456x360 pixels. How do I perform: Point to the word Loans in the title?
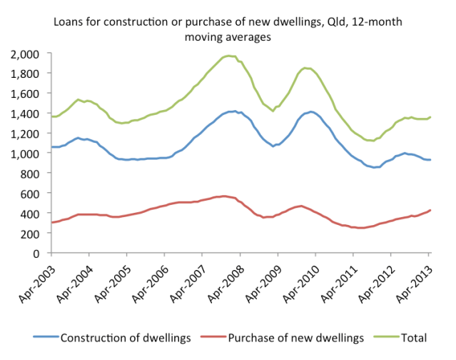tap(69, 22)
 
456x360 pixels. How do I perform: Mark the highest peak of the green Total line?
tap(228, 56)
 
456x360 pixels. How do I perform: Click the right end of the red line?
tap(430, 210)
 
